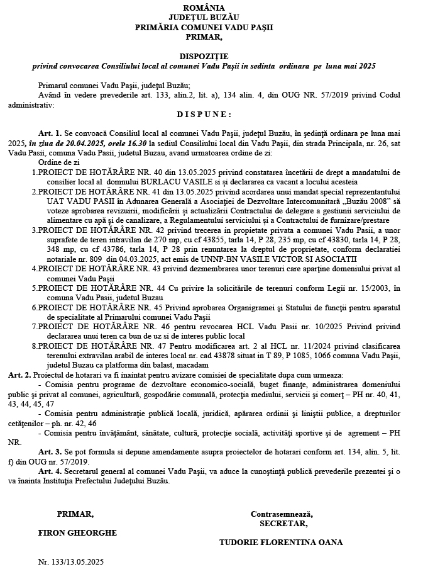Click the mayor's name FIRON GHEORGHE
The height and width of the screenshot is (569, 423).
tap(77, 532)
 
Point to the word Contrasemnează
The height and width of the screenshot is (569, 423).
tap(282, 514)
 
